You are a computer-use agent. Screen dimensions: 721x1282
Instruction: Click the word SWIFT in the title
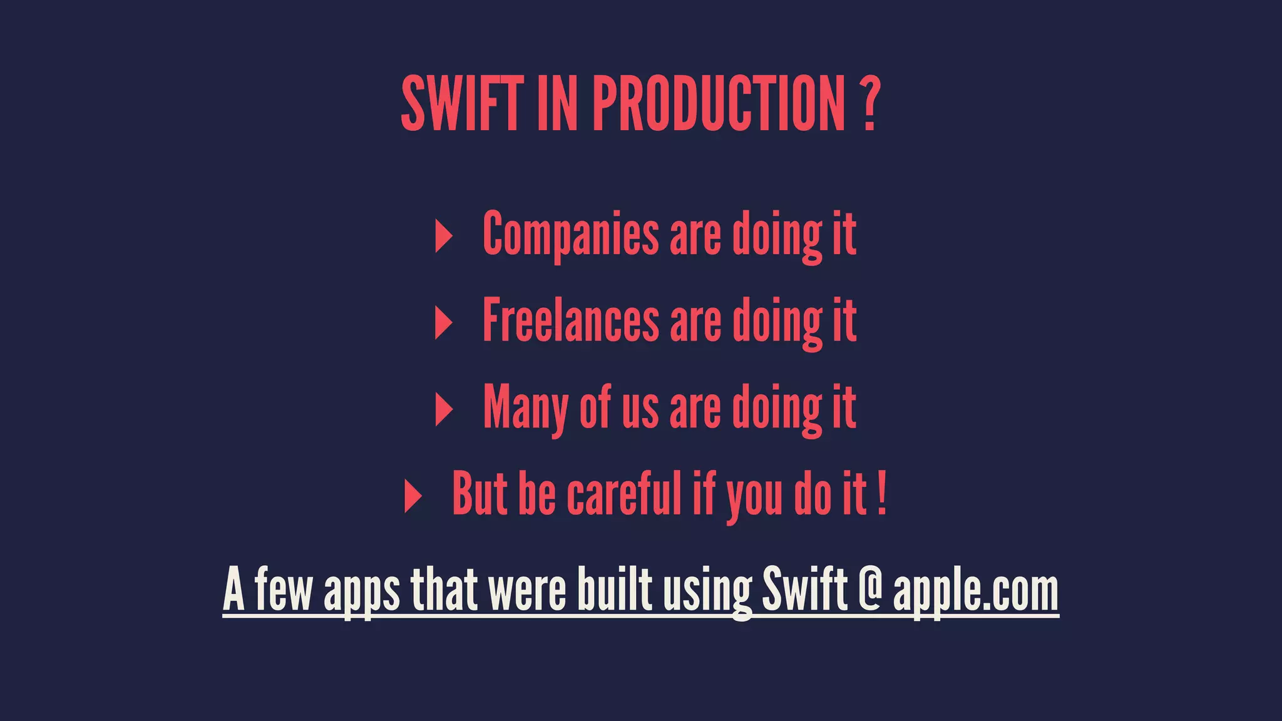coord(461,104)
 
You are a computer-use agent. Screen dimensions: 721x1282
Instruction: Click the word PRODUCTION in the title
coord(719,104)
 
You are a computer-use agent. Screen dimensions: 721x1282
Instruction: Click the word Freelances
coord(570,321)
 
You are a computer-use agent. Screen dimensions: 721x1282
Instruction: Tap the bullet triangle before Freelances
coord(443,323)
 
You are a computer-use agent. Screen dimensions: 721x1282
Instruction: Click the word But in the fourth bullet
coord(479,494)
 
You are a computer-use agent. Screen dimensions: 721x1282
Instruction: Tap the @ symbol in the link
coord(870,588)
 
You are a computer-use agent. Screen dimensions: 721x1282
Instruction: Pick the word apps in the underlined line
coord(361,591)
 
